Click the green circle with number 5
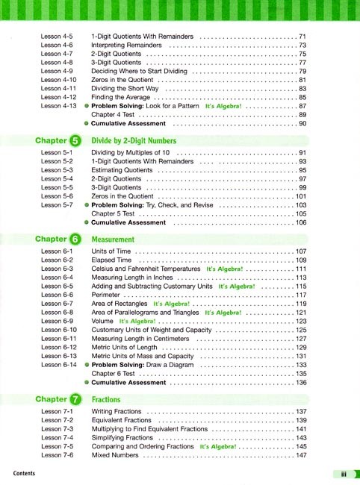click(75, 140)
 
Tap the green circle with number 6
click(75, 240)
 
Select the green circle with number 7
click(75, 399)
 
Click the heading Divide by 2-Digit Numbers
click(134, 140)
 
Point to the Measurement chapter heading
click(113, 240)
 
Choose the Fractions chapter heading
click(106, 399)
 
